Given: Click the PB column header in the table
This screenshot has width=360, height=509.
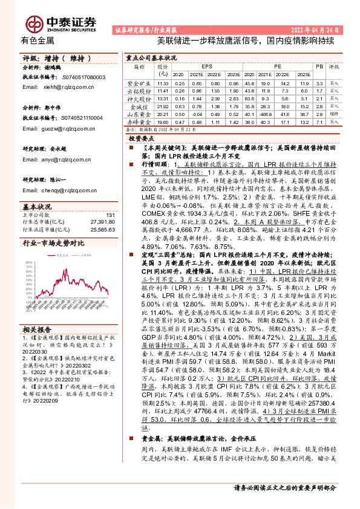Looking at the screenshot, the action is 319,65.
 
